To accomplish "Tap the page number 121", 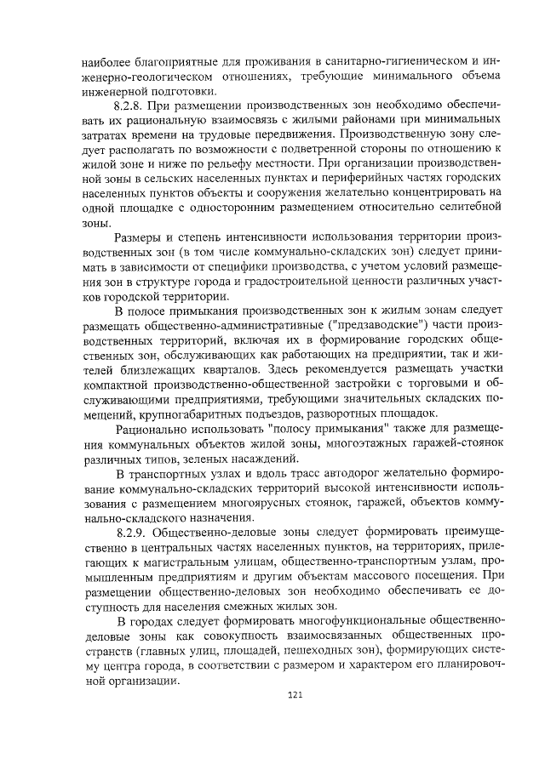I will pyautogui.click(x=295, y=696).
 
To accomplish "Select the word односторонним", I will pyautogui.click(x=241, y=209).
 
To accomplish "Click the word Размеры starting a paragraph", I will pyautogui.click(x=138, y=240).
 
